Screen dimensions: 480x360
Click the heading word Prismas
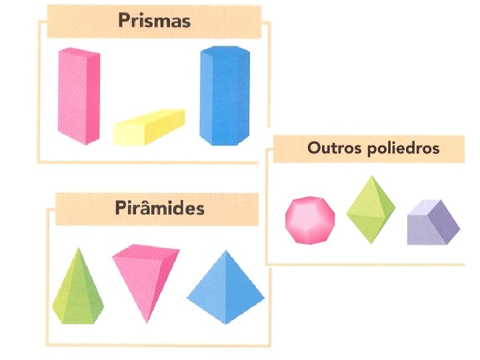[x=154, y=20]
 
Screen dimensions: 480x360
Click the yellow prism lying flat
[x=148, y=126]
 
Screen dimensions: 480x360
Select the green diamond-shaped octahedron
[x=370, y=209]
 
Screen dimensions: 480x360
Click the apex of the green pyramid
[x=79, y=249]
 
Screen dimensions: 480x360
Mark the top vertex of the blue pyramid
[x=225, y=251]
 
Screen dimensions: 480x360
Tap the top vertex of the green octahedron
[x=369, y=176]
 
